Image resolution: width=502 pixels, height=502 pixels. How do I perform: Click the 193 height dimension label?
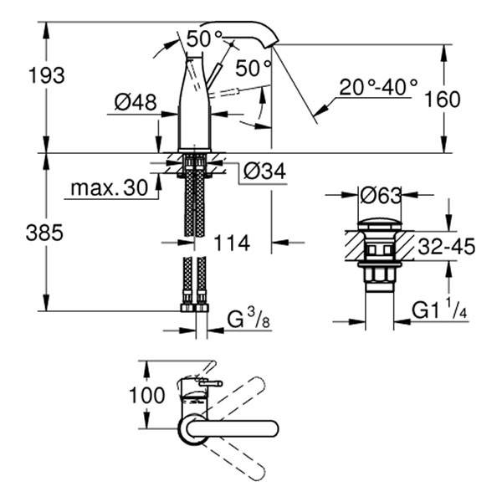pyautogui.click(x=46, y=75)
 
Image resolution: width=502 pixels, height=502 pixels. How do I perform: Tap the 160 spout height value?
pyautogui.click(x=443, y=100)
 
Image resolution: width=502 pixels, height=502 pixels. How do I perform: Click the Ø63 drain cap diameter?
pyautogui.click(x=380, y=196)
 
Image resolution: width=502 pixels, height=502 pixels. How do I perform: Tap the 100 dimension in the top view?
pyautogui.click(x=148, y=395)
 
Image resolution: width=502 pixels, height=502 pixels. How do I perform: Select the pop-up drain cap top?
pyautogui.click(x=380, y=225)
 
